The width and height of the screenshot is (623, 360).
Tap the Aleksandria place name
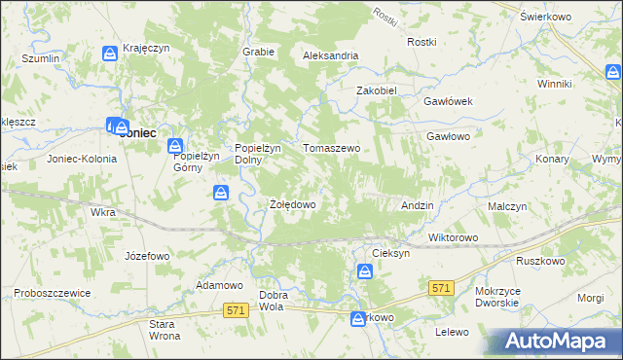tap(331, 55)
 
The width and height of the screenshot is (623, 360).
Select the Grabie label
tap(257, 52)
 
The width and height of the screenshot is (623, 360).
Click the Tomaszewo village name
tap(332, 148)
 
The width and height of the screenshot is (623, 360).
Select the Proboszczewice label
tap(52, 293)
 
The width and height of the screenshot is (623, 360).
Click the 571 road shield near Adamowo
tap(235, 309)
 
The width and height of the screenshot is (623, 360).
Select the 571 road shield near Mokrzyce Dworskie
tap(441, 288)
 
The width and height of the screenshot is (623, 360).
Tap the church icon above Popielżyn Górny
tap(176, 146)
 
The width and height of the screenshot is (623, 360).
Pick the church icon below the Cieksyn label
tap(365, 271)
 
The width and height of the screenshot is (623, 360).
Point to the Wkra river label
tap(101, 211)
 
